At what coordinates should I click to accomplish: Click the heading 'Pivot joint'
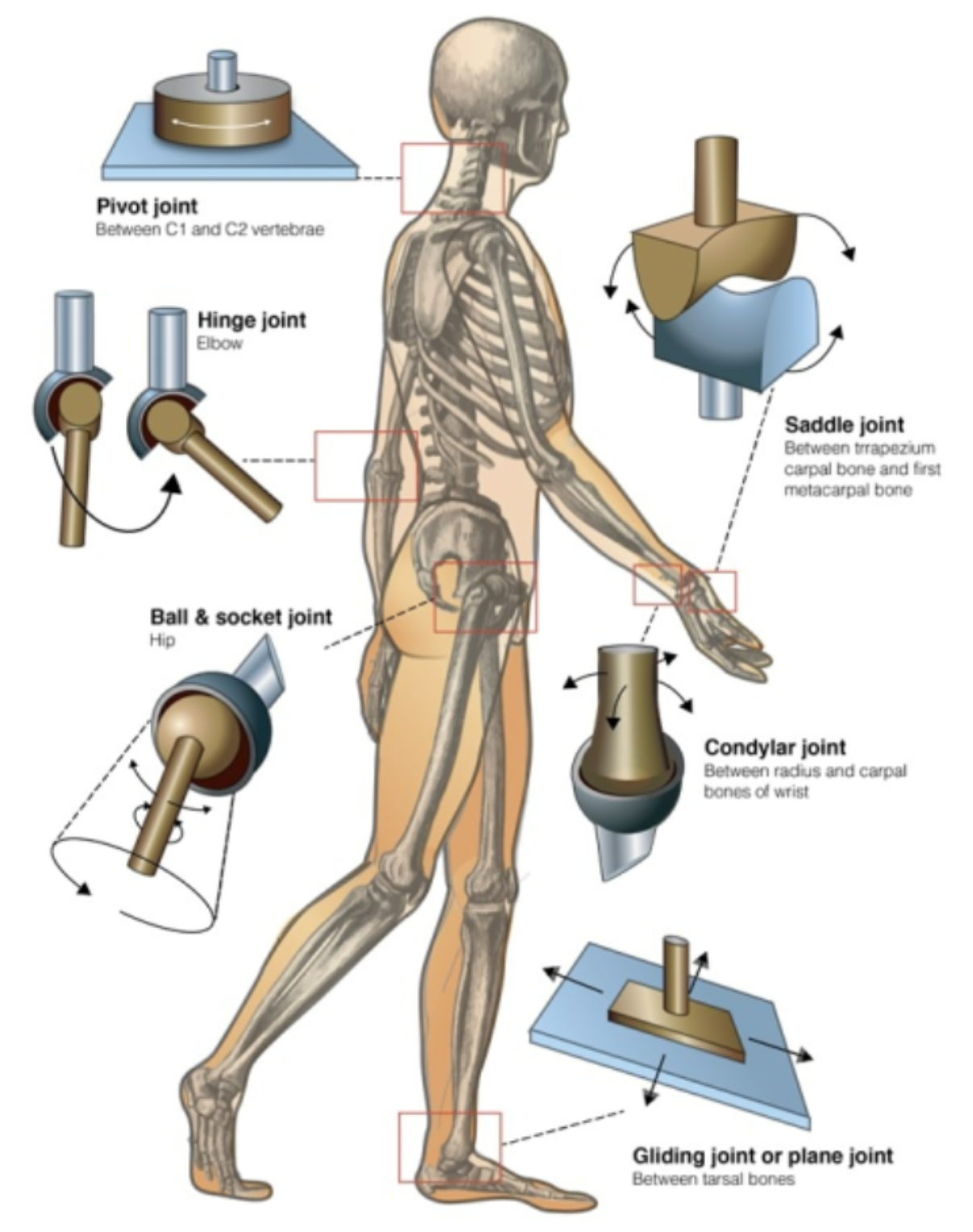pyautogui.click(x=146, y=207)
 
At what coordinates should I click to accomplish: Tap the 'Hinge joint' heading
pyautogui.click(x=252, y=320)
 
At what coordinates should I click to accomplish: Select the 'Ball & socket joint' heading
pyautogui.click(x=240, y=617)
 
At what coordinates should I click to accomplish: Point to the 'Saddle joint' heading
pyautogui.click(x=844, y=424)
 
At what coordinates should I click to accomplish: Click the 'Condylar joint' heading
pyautogui.click(x=775, y=747)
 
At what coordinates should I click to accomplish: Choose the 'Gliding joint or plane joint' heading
pyautogui.click(x=762, y=1156)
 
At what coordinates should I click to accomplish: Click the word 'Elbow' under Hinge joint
pyautogui.click(x=219, y=343)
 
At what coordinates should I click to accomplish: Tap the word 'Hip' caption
pyautogui.click(x=161, y=641)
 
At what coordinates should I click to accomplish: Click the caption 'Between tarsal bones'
pyautogui.click(x=712, y=1180)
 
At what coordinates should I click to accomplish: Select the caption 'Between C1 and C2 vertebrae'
pyautogui.click(x=210, y=229)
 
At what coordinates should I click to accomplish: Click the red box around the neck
pyautogui.click(x=453, y=177)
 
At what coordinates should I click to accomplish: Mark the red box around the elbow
pyautogui.click(x=365, y=466)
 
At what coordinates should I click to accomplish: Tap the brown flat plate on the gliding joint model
pyautogui.click(x=678, y=1025)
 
